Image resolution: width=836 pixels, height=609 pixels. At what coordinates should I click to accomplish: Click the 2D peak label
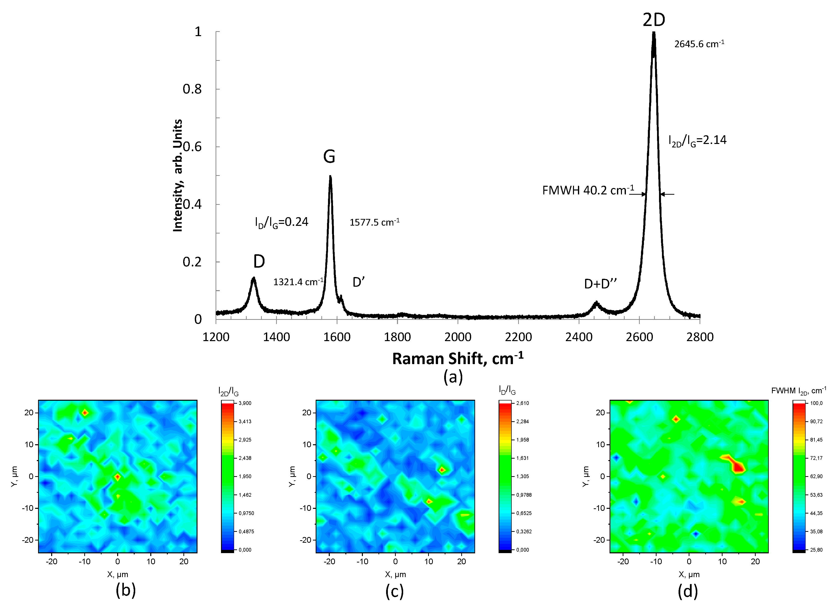(654, 20)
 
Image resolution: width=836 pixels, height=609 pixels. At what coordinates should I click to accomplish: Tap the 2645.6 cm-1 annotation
(699, 44)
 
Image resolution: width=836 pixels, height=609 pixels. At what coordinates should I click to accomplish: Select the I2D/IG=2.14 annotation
(697, 141)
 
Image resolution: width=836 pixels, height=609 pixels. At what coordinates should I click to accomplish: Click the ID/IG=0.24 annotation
(282, 222)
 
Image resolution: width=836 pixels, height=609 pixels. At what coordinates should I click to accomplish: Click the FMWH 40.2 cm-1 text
(588, 190)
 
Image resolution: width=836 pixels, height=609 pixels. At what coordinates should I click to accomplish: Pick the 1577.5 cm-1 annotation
(374, 222)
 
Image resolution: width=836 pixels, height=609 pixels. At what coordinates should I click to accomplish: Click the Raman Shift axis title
(458, 358)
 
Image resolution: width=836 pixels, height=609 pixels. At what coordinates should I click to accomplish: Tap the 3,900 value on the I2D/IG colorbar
(245, 403)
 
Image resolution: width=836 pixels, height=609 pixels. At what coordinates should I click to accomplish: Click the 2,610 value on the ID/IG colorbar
(523, 403)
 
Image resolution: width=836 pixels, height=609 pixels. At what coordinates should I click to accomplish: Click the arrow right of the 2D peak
(667, 194)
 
